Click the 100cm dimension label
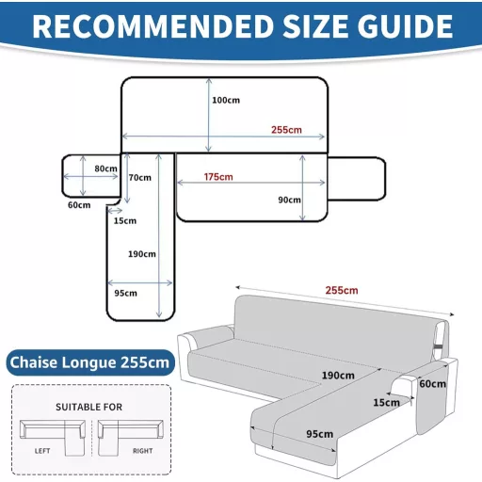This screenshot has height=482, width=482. click(x=226, y=101)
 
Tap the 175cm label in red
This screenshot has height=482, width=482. click(x=218, y=177)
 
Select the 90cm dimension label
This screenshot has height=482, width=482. click(x=289, y=200)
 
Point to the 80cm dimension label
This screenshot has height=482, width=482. click(x=105, y=169)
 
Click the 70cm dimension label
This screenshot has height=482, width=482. click(x=140, y=178)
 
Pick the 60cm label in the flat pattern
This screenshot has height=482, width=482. click(x=79, y=205)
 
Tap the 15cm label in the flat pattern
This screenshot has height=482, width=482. click(x=125, y=221)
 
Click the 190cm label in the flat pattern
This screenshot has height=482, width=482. click(x=142, y=254)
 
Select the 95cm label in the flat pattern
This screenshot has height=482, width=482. click(x=125, y=293)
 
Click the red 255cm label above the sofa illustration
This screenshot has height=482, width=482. click(x=342, y=290)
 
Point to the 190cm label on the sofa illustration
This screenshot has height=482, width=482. click(x=338, y=376)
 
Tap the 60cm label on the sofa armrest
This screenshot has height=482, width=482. click(x=433, y=383)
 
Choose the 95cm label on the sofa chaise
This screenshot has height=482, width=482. click(x=320, y=434)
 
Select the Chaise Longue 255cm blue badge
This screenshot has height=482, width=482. click(x=90, y=362)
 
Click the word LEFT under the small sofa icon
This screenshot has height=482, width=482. click(x=42, y=451)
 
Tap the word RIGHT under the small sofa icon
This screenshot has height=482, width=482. click(x=143, y=451)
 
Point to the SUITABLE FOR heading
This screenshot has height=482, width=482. click(x=88, y=407)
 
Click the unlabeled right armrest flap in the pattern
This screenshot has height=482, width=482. click(x=357, y=179)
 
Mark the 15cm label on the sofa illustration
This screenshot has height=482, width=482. click(x=386, y=403)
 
